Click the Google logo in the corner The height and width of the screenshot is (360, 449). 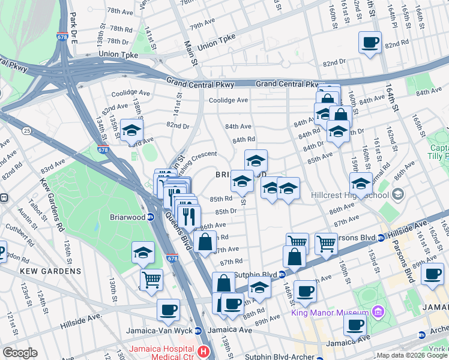(x=20, y=352)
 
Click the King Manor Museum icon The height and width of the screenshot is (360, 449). (x=378, y=312)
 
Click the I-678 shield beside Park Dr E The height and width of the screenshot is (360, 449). (x=62, y=36)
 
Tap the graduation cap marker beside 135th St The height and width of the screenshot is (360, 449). (x=131, y=130)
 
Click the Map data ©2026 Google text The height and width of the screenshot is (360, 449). (x=412, y=355)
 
